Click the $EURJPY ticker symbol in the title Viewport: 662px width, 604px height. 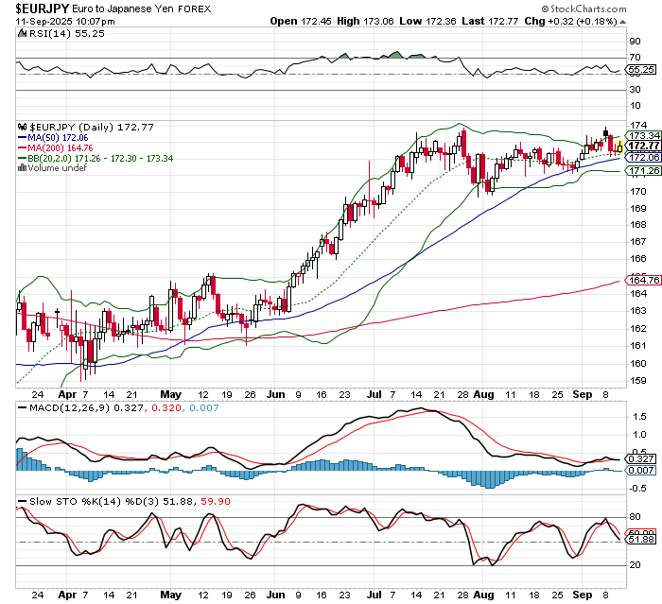coord(35,8)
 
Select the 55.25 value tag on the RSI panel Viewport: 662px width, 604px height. coord(641,70)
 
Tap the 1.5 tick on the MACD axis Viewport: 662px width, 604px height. coord(639,416)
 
